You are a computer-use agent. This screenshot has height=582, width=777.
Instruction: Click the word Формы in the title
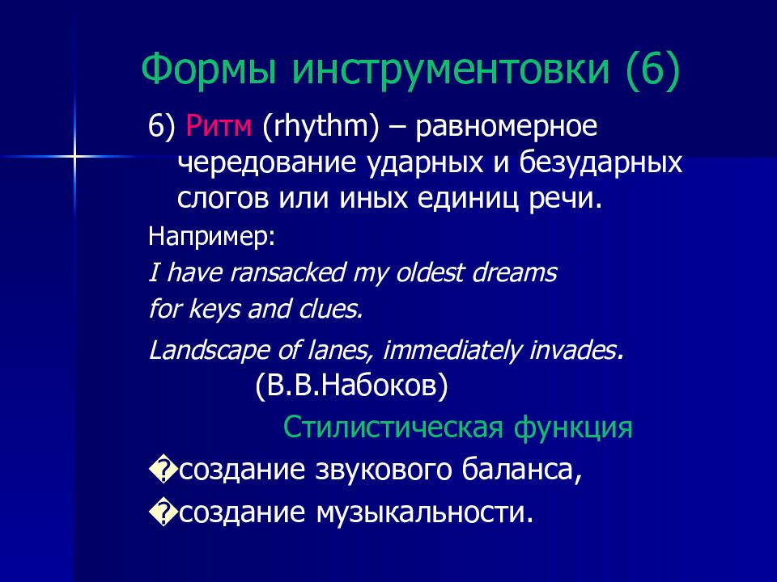point(209,68)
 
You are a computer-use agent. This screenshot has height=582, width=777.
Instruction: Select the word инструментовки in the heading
point(451,70)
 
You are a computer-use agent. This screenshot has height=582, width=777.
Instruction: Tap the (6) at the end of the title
point(653,70)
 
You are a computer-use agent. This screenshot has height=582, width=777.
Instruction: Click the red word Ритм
point(219,126)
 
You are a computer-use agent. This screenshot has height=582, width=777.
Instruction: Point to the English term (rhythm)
point(321,127)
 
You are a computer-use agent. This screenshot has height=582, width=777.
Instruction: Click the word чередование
point(267,162)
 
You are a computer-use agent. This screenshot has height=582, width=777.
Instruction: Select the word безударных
point(601,162)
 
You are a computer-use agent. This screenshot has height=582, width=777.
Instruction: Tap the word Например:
point(211,237)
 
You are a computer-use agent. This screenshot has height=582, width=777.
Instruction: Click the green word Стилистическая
point(393,428)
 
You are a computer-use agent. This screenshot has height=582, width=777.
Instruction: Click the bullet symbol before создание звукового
point(163,471)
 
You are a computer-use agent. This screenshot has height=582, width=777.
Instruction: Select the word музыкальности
point(420,513)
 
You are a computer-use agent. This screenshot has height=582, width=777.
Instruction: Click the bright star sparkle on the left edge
point(74,156)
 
